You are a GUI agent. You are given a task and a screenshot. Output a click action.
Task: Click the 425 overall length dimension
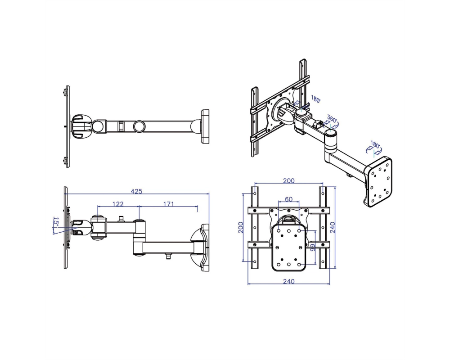[x=137, y=191]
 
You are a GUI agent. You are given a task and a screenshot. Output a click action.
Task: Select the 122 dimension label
[x=118, y=204]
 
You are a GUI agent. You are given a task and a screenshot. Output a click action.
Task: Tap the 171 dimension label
[x=169, y=204]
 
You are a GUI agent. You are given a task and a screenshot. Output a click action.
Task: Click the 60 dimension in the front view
[x=289, y=199]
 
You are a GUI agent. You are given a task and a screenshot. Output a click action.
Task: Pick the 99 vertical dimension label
[x=312, y=247]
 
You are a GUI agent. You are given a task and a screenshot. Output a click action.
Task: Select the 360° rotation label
[x=332, y=119]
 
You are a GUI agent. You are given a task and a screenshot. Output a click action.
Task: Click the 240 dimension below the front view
[x=289, y=281]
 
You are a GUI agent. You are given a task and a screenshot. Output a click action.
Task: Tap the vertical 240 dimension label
[x=333, y=228]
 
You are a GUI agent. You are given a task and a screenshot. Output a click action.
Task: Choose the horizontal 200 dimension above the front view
[x=289, y=180]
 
